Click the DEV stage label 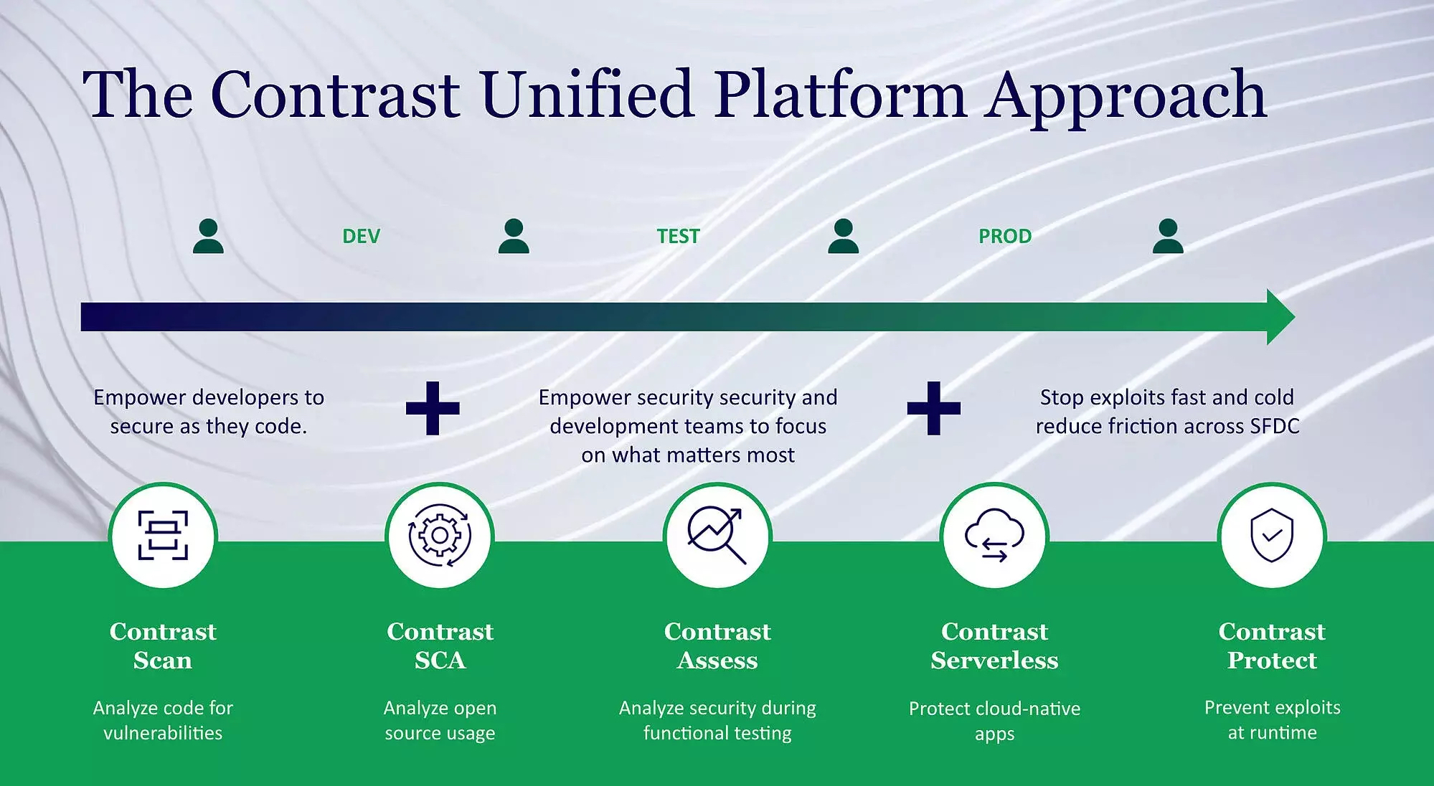point(361,236)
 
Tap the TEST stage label point(678,236)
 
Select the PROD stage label point(1004,236)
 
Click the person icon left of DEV point(208,236)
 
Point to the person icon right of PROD point(1167,236)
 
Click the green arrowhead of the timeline point(1280,317)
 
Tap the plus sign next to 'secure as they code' point(433,408)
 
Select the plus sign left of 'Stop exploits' point(933,408)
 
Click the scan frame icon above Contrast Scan point(163,535)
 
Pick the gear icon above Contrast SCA point(440,535)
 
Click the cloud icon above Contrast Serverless point(994,535)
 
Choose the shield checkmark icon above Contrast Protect point(1271,535)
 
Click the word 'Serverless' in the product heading point(994,660)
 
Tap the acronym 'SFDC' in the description point(1274,426)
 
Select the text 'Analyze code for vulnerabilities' point(163,720)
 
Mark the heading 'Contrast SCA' point(440,645)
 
